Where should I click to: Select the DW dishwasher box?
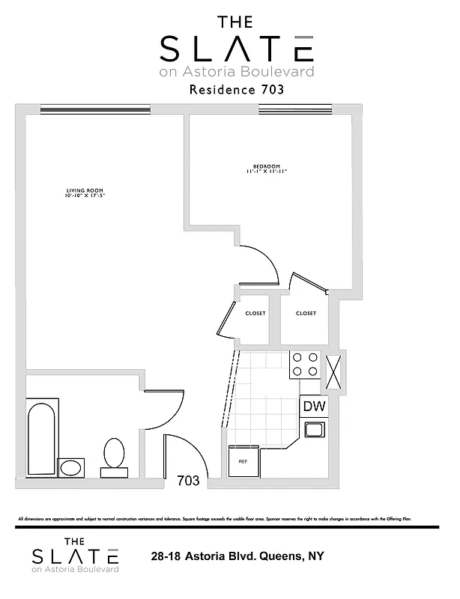tap(313, 407)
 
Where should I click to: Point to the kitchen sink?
tap(313, 429)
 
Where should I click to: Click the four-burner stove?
tap(304, 365)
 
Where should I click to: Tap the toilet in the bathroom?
tap(115, 455)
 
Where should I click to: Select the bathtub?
tap(41, 437)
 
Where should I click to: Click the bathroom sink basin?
tap(71, 469)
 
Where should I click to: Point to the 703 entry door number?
tap(188, 481)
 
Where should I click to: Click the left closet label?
tap(255, 313)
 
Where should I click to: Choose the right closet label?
tap(306, 313)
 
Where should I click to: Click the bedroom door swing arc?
tap(266, 264)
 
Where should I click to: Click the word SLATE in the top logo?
tap(235, 49)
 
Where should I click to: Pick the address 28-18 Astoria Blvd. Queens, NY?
tap(236, 557)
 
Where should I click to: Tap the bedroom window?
tap(294, 110)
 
